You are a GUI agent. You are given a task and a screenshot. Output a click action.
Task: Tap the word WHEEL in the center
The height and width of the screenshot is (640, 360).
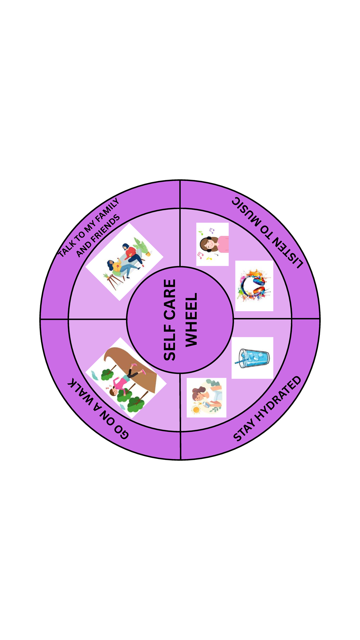(x=191, y=320)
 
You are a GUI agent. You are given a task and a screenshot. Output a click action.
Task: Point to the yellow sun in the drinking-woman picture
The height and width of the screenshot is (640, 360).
(x=196, y=409)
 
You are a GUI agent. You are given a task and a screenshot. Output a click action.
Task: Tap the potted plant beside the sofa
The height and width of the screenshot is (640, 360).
(x=143, y=247)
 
